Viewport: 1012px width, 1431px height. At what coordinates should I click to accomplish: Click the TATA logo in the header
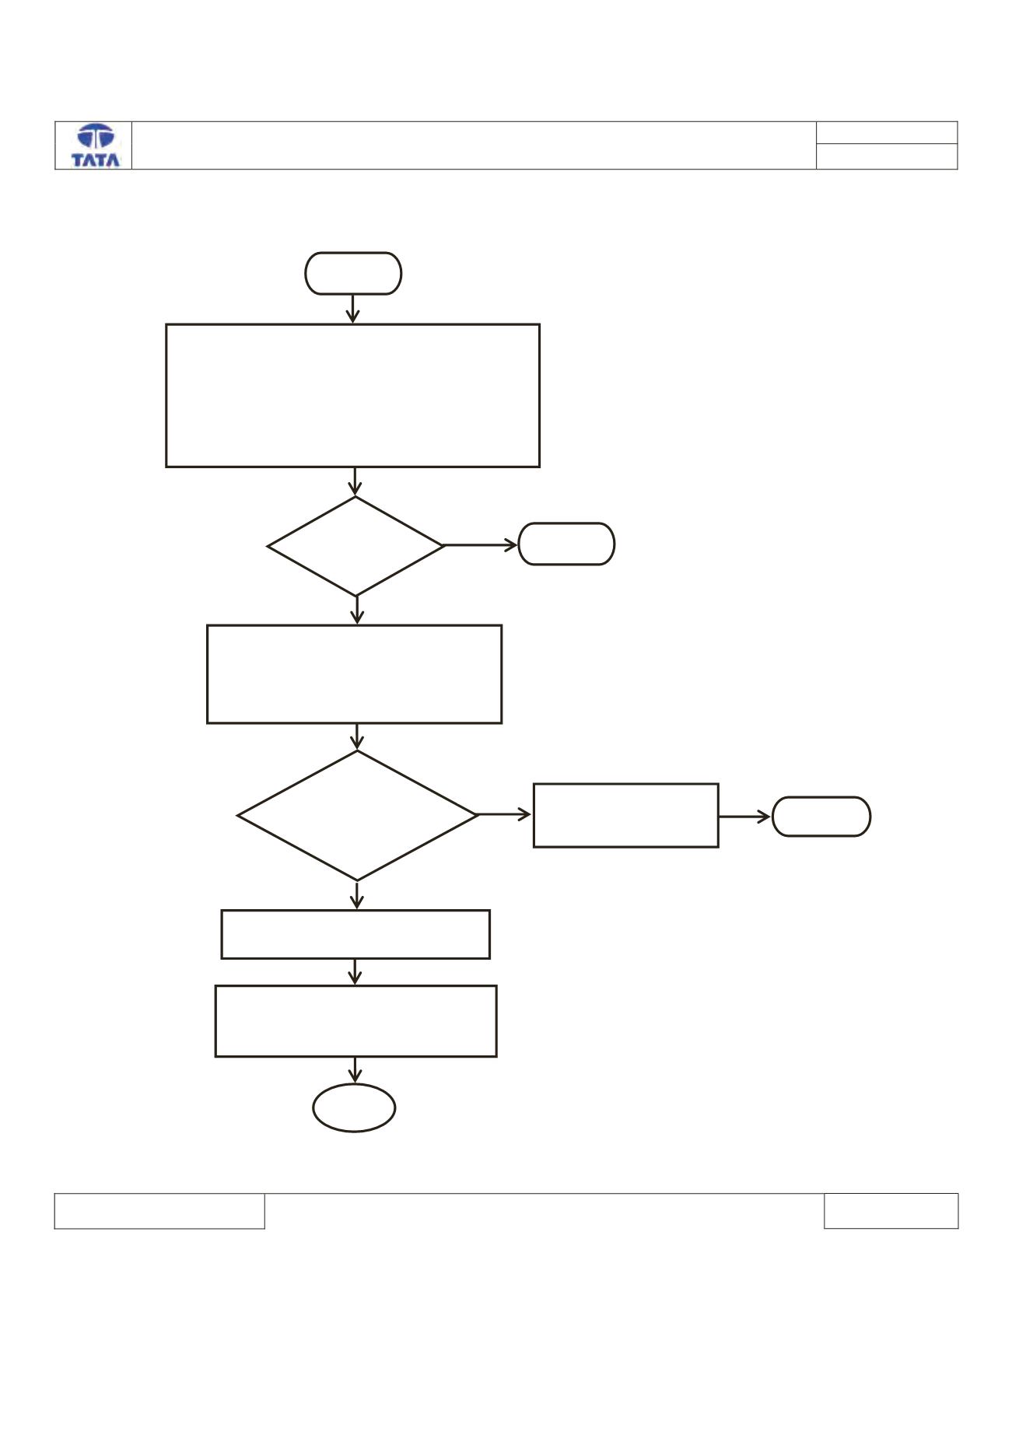96,145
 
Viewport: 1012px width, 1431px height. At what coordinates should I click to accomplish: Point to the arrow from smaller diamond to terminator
481,545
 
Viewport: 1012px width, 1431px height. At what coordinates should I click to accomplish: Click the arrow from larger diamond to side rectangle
505,814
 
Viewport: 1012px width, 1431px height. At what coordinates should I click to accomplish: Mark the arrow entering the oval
355,1070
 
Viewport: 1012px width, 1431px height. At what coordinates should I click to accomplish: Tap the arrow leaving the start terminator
353,309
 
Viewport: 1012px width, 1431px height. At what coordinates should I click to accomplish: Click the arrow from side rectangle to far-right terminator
745,817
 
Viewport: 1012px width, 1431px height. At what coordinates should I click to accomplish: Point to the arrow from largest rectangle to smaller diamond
355,482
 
